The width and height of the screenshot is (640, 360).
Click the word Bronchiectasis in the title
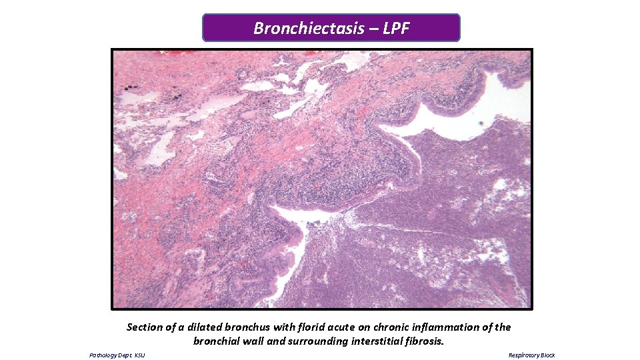[x=308, y=29]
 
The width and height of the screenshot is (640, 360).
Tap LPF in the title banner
[x=396, y=29]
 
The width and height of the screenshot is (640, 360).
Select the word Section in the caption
[x=145, y=327]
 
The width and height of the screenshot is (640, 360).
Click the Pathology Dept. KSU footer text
[x=117, y=355]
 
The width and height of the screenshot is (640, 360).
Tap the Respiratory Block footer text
[x=531, y=355]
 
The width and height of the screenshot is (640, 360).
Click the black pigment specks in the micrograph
[x=131, y=87]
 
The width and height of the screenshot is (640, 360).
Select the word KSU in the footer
[x=139, y=355]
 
